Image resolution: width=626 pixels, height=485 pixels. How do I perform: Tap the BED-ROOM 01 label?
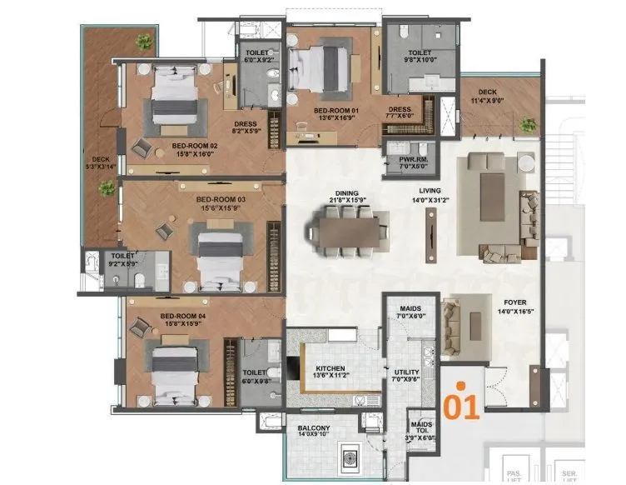[x=333, y=110]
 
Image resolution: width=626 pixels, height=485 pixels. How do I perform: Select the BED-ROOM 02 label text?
[x=195, y=146]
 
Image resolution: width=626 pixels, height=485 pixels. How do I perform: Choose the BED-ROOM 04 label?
[x=182, y=317]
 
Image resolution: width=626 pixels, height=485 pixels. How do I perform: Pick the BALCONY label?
[x=314, y=429]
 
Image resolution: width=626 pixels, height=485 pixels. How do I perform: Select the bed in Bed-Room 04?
[x=178, y=360]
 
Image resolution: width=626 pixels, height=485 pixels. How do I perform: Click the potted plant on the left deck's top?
[x=145, y=41]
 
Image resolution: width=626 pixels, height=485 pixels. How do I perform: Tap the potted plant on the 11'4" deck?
[x=527, y=125]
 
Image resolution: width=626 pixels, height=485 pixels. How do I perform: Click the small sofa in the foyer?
[x=450, y=317]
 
